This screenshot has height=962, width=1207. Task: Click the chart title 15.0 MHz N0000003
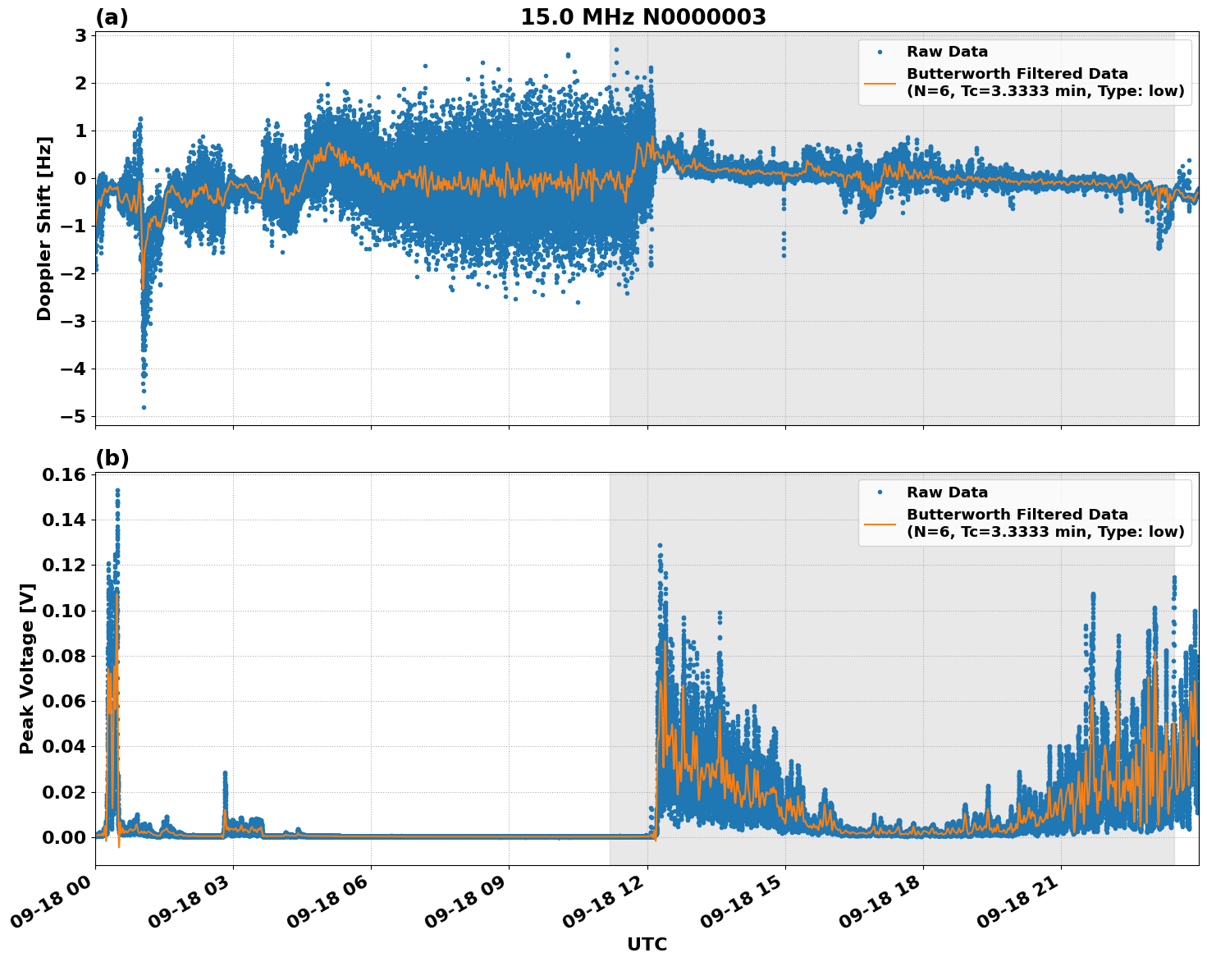[642, 17]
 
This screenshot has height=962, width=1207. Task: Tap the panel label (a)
[112, 17]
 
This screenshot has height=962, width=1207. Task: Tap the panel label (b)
[112, 458]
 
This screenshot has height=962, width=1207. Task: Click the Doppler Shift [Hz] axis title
[44, 228]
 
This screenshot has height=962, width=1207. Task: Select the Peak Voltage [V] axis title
[27, 668]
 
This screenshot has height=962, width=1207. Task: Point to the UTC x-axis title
[647, 944]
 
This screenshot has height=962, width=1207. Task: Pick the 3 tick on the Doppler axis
[80, 35]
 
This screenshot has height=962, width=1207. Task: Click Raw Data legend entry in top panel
[947, 52]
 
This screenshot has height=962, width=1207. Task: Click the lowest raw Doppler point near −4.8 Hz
[144, 407]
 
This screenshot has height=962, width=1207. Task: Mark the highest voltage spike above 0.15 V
[117, 491]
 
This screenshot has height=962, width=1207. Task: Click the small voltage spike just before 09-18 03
[225, 773]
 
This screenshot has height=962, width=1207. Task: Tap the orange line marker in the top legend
[880, 82]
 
